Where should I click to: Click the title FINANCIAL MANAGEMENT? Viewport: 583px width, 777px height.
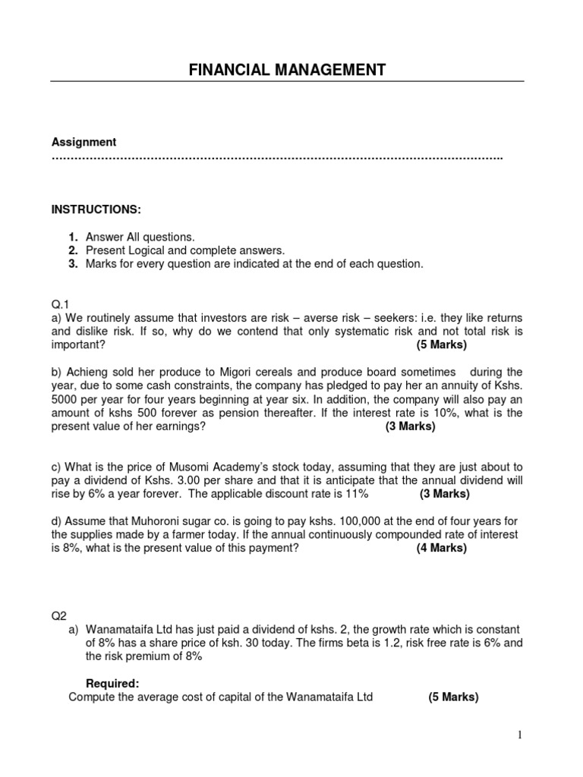click(287, 71)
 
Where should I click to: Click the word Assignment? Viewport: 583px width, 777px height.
click(84, 142)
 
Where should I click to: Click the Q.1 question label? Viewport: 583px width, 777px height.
click(60, 304)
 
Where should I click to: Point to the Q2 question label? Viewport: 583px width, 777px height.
click(58, 616)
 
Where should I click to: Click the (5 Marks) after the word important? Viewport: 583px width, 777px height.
click(442, 344)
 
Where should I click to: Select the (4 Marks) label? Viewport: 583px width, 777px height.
click(441, 548)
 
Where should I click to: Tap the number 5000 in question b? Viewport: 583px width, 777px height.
click(64, 399)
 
